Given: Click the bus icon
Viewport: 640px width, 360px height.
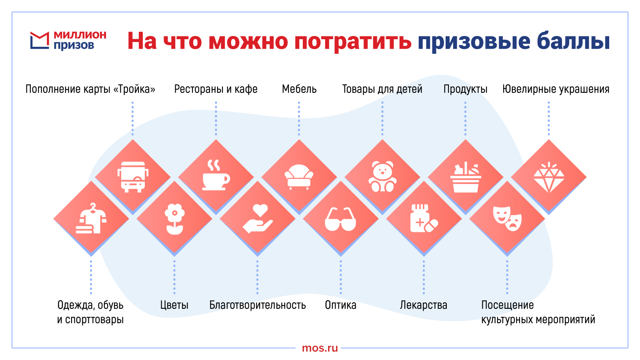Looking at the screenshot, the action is pos(133,177).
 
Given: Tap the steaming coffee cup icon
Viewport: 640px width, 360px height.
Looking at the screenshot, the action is pos(216,175).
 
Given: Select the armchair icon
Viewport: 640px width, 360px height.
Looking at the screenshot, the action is pos(299,177).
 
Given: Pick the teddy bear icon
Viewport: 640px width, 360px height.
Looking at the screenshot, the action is pos(382,176).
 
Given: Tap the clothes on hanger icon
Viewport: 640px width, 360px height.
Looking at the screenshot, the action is pos(91,218).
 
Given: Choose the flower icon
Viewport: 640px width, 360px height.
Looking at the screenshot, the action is pos(174,219).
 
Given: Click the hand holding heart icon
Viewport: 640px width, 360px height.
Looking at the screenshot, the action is pos(258,218).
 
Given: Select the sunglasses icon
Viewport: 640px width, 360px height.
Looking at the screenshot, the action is pos(340,219).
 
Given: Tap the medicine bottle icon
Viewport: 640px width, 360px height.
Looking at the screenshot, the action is pos(424,218).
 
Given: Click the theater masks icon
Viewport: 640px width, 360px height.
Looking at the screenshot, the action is pos(507,218).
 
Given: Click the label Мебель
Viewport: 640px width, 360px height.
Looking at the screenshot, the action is pos(299,89).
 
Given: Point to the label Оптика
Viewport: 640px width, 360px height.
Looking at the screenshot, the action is pos(340,305).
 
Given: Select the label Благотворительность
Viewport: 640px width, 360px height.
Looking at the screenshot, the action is pos(258,305).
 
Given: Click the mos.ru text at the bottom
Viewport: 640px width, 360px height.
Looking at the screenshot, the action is pos(320,348).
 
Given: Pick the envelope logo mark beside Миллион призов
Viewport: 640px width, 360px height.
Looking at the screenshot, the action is pos(40,40).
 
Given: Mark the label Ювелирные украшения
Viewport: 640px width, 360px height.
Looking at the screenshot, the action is pos(556,89).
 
